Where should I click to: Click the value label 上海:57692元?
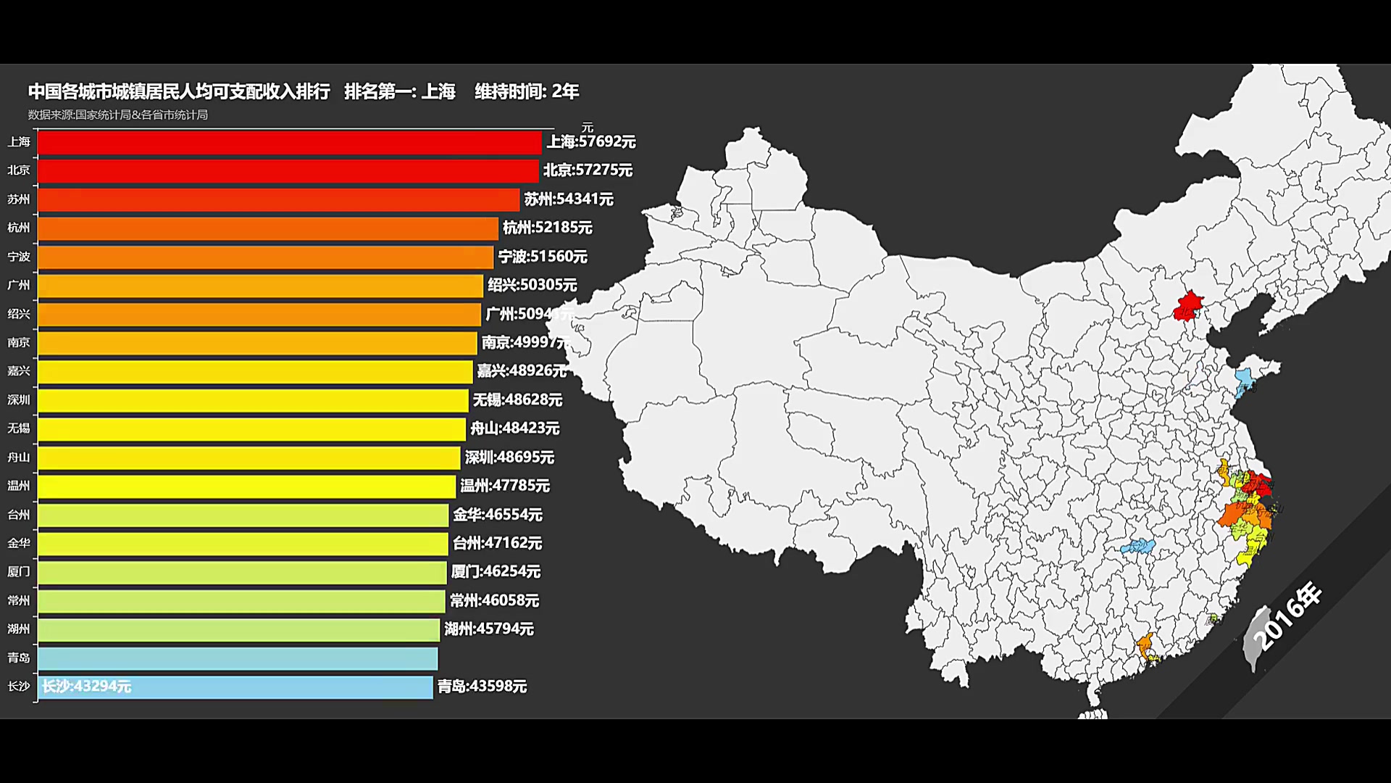[590, 141]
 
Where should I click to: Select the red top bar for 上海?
[289, 142]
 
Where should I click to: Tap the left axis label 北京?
[19, 170]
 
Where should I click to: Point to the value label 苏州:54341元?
[569, 199]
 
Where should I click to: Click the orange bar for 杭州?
[268, 228]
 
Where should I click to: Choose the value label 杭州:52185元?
[548, 228]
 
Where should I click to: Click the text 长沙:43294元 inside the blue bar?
[86, 686]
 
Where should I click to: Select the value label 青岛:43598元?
[482, 686]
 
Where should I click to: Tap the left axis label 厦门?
[19, 571]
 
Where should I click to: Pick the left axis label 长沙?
[19, 686]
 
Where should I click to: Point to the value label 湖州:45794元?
[489, 629]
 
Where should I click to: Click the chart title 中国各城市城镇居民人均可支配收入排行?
[179, 91]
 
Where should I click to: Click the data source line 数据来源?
[118, 115]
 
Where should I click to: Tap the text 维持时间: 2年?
[527, 91]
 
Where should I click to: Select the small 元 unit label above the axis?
[588, 128]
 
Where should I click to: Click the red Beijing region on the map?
[1187, 307]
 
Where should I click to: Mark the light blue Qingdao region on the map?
[1245, 380]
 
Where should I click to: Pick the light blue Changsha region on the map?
[1137, 546]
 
